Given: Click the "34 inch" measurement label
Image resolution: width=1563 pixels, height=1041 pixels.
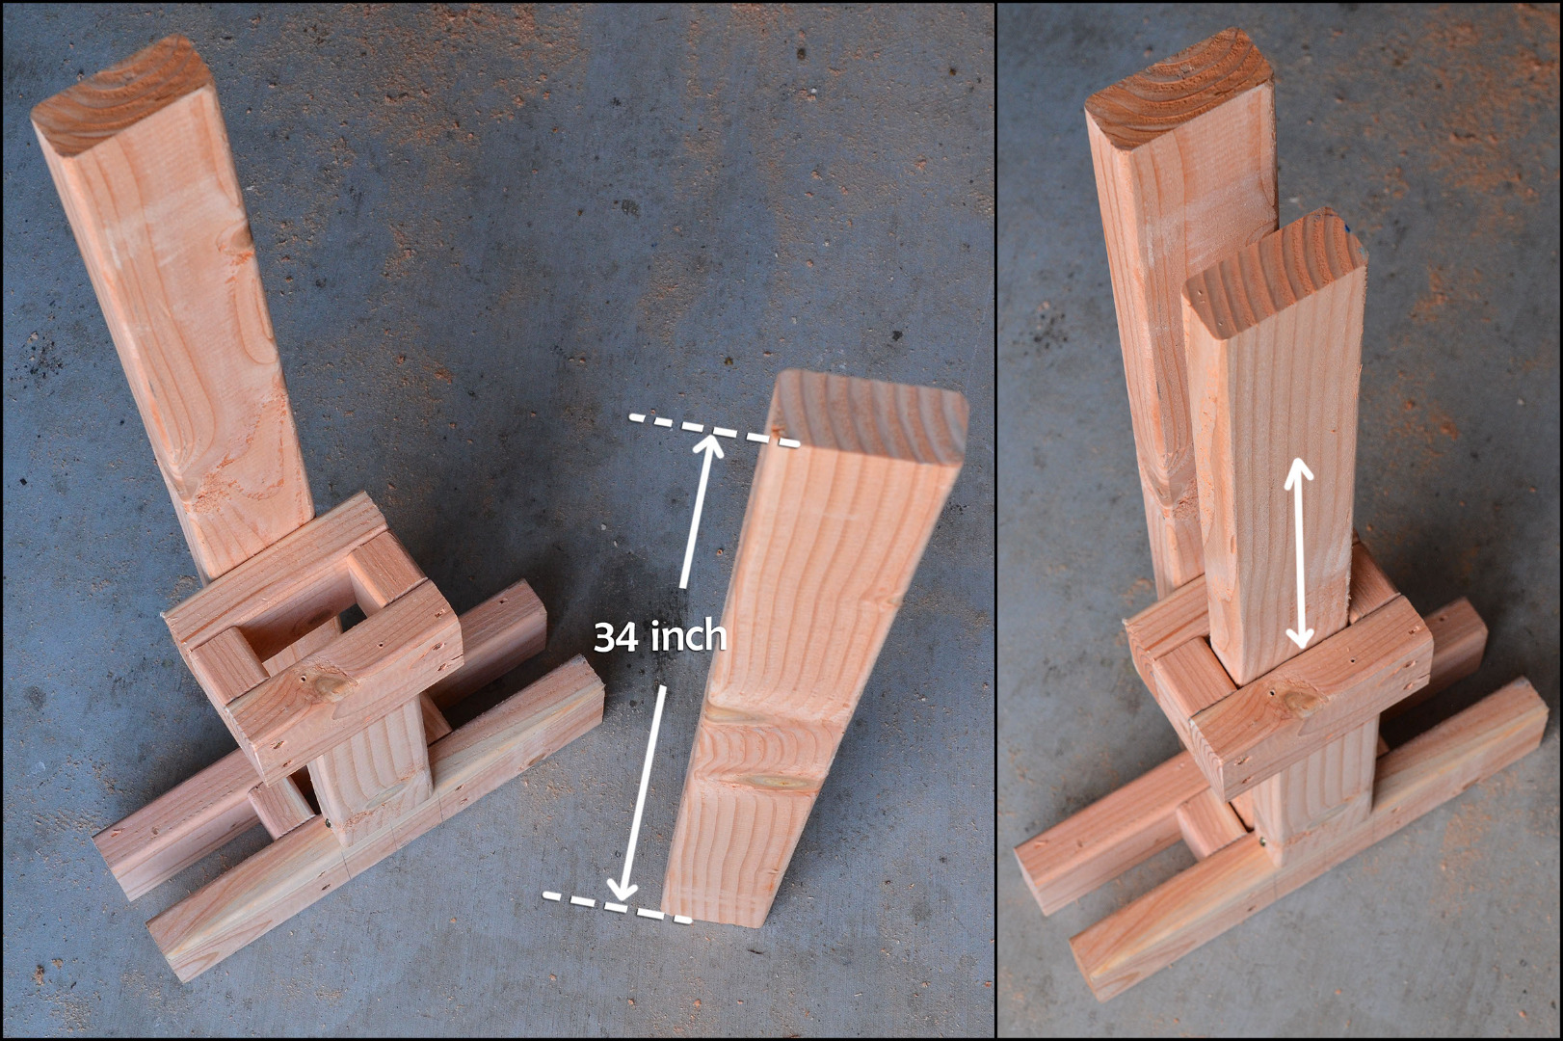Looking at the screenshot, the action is click(660, 637).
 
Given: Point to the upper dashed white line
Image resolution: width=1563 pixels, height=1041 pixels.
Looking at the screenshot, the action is click(714, 430).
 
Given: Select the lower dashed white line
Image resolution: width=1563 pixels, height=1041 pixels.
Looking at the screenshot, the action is click(617, 908).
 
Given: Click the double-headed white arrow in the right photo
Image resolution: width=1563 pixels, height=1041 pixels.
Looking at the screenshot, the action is click(1299, 553).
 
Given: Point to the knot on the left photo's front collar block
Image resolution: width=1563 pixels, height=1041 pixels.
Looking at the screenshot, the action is click(331, 687).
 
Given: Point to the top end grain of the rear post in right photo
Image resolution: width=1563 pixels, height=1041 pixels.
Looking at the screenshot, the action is click(1179, 88).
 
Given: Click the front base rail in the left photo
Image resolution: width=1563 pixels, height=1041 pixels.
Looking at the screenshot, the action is click(377, 816).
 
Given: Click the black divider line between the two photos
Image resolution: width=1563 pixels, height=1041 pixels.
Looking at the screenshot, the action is click(995, 520).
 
